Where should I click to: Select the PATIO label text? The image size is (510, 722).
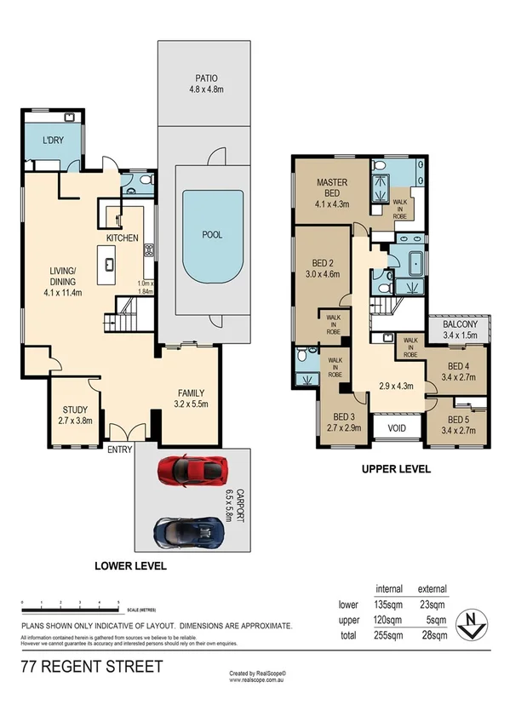pyautogui.click(x=204, y=75)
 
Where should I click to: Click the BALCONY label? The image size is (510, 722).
pyautogui.click(x=465, y=324)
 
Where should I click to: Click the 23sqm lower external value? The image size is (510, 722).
pyautogui.click(x=433, y=605)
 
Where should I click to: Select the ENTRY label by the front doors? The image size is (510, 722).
pyautogui.click(x=118, y=450)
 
